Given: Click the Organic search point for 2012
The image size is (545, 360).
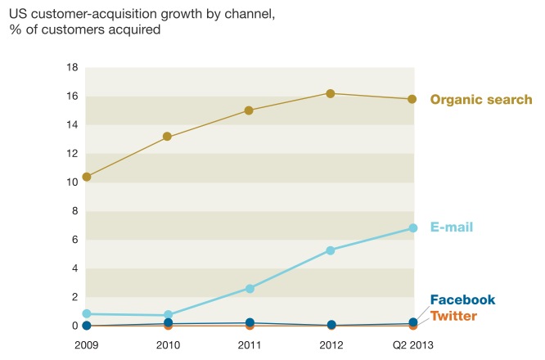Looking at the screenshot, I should [331, 93].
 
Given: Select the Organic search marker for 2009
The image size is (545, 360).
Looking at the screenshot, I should [87, 177].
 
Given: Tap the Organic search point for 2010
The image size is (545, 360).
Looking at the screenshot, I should [168, 137].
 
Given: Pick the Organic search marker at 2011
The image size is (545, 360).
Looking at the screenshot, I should [249, 110].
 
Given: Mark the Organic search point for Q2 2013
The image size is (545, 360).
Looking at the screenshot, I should [412, 99].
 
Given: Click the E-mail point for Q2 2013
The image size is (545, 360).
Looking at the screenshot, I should [412, 228].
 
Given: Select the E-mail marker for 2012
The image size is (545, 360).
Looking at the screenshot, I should [331, 250].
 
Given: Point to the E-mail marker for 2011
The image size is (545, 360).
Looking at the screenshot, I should [249, 288].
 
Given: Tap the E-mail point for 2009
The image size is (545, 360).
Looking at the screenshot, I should [87, 313].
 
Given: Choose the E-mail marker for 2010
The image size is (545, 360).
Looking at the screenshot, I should [168, 315].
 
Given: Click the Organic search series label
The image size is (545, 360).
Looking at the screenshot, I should [481, 100].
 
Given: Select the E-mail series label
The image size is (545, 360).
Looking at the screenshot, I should [452, 227].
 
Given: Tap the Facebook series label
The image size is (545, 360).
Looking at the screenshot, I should [463, 300].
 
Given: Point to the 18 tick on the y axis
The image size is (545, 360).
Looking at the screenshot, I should [71, 67].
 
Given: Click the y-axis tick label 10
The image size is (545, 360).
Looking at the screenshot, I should [71, 182].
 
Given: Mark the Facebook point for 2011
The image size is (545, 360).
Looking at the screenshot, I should [249, 323].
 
